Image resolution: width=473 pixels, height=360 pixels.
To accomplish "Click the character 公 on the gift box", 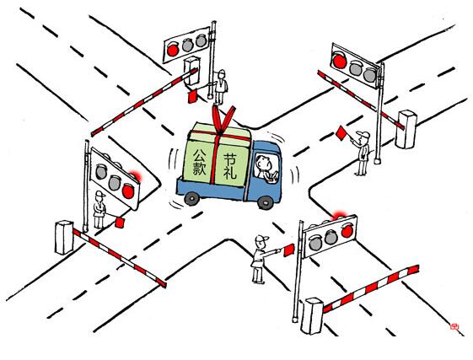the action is coord(200,155).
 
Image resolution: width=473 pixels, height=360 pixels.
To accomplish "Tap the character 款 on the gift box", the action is coord(199,169).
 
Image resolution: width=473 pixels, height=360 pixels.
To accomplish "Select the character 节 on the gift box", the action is coord(229,159).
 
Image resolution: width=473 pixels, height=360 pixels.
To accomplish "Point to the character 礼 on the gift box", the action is coord(230,173).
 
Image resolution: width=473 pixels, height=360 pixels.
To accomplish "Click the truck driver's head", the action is coord(262,163).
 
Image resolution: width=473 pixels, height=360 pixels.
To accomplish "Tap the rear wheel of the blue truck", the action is coord(192,199).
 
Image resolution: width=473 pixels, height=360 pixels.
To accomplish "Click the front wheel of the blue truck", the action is coord(266,202).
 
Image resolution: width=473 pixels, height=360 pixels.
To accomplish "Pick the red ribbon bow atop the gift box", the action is coord(223,119).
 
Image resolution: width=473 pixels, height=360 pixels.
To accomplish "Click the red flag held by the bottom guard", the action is coord(288,250).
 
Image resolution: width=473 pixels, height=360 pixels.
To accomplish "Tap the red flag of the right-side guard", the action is coord(341,133).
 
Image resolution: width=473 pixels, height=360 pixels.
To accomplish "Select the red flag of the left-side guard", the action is coord(120,223).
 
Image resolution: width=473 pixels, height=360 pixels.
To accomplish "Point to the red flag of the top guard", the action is coord(192,97).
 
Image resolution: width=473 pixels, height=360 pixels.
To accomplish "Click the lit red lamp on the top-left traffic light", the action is coord(173,50).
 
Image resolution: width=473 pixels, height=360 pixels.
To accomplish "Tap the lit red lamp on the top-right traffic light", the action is coord(340,61).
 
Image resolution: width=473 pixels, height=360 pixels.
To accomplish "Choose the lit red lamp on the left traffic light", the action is coord(128,191).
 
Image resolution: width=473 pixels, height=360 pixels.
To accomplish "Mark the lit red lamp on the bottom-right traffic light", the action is coord(347,231).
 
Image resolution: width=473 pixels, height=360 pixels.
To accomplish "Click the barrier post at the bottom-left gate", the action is coord(64,238).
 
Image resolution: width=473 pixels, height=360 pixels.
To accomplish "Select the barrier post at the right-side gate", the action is coord(406,129).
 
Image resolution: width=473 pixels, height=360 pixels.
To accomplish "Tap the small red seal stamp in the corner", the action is coord(454,326).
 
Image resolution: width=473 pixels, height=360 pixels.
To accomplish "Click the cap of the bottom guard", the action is coord(262,239).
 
